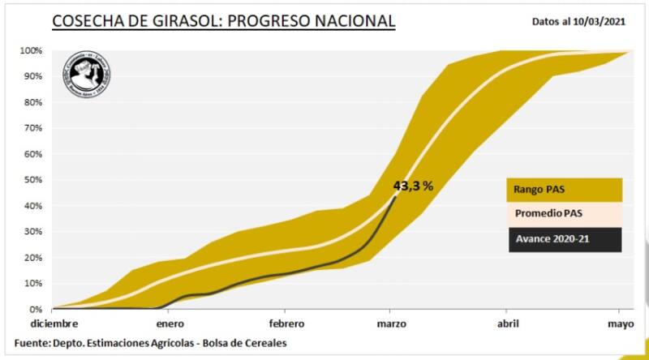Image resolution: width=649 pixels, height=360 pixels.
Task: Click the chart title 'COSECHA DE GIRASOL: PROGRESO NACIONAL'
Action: (224, 20)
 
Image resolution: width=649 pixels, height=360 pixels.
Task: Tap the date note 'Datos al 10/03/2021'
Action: (579, 22)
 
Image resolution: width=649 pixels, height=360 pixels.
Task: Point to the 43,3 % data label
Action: (413, 186)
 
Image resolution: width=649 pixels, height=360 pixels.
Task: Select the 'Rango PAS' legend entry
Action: (564, 190)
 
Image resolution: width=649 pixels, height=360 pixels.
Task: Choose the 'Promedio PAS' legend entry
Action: (564, 215)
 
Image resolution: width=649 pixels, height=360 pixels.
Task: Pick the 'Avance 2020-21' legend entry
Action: (564, 239)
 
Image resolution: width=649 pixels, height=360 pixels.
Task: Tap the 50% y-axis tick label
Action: (33, 180)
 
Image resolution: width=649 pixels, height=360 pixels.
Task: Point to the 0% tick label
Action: (36, 310)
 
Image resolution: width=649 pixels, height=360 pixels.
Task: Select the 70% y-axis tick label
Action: (33, 128)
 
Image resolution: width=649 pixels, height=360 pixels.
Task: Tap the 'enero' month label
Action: (169, 324)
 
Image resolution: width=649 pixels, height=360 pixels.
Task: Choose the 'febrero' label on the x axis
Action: (285, 324)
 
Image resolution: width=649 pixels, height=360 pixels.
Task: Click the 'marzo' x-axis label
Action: (391, 324)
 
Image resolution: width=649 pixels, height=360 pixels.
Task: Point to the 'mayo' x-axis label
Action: (620, 324)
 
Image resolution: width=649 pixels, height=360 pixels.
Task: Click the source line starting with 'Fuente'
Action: (151, 343)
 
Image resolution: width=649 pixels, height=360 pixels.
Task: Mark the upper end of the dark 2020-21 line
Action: (395, 198)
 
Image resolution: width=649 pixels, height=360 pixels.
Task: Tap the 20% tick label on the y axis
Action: (33, 258)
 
